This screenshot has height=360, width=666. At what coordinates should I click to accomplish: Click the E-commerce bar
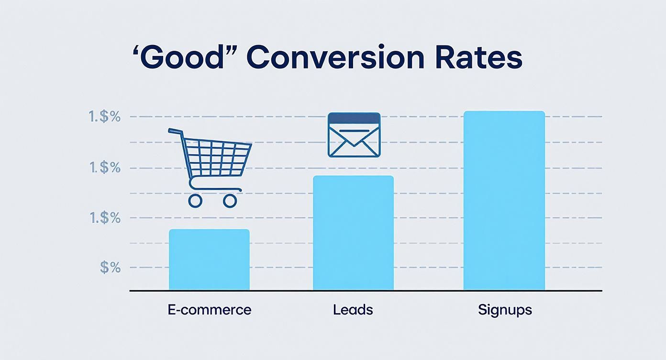tap(209, 259)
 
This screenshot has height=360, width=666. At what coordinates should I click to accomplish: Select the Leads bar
tap(353, 233)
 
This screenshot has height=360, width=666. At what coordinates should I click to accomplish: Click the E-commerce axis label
tap(209, 310)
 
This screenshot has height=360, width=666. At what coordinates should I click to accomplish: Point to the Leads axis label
tap(353, 310)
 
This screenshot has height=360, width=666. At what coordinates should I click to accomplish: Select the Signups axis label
tap(505, 310)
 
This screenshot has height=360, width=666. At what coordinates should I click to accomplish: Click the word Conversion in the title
tap(335, 57)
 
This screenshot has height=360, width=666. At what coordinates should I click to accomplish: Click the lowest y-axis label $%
tap(111, 268)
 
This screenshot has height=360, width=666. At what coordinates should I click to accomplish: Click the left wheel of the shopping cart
tap(195, 201)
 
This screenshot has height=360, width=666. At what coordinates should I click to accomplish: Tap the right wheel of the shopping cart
tap(230, 201)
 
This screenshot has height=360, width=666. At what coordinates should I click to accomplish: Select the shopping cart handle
tap(175, 131)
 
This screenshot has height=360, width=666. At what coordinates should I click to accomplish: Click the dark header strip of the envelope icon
tap(354, 118)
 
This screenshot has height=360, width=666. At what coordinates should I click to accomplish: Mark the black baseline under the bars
tap(366, 291)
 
